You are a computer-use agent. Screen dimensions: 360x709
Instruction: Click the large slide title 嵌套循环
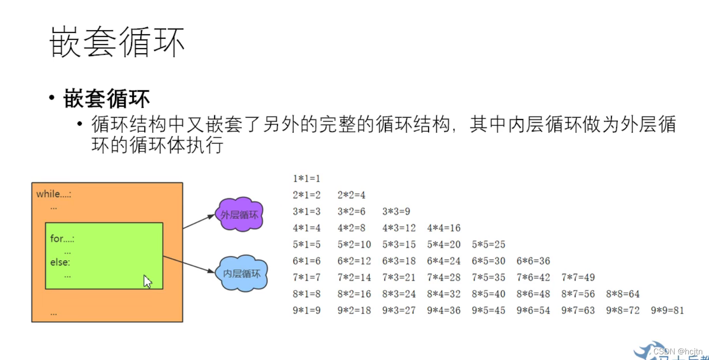click(117, 42)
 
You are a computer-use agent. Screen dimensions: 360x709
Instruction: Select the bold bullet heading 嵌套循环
click(107, 99)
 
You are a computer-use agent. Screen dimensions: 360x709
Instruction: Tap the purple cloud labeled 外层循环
click(239, 215)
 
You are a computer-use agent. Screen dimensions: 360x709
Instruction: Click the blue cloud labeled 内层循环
click(242, 274)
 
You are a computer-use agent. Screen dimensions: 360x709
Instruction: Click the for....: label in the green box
click(62, 238)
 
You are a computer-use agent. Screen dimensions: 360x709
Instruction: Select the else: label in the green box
click(60, 262)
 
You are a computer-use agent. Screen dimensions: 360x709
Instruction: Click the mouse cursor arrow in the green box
click(147, 281)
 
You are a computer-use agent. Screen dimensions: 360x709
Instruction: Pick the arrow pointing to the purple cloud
click(199, 221)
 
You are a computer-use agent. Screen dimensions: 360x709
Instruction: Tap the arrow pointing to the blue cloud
click(189, 264)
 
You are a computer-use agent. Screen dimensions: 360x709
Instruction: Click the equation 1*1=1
click(306, 178)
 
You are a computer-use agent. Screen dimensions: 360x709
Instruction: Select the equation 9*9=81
click(667, 310)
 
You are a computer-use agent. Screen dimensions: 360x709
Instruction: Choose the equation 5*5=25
click(488, 244)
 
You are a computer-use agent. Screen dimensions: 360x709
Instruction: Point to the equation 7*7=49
click(578, 277)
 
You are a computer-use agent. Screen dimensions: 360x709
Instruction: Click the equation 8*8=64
click(623, 294)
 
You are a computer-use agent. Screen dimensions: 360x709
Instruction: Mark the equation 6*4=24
click(444, 261)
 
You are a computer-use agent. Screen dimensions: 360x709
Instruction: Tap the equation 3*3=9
click(396, 211)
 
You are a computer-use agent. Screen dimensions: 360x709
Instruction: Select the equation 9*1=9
click(306, 310)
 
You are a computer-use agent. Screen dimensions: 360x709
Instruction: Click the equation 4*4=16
click(444, 228)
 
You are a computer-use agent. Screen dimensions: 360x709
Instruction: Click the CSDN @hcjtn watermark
click(677, 351)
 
